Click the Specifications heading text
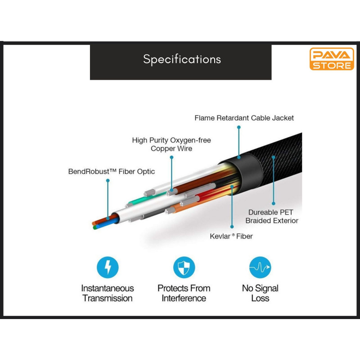point(182,59)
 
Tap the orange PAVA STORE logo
point(332,59)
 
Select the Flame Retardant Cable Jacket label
point(244,118)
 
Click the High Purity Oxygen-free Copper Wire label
point(171,144)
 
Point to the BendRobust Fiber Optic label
point(111,171)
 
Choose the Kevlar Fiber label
point(231,236)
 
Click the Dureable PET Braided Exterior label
point(272,216)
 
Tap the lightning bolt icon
point(108,267)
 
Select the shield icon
point(184,267)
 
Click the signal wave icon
point(260,267)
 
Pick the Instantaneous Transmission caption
point(108,293)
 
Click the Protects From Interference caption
point(184,293)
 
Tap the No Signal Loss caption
point(260,293)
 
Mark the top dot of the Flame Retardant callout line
point(239,127)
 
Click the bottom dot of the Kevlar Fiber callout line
point(232,227)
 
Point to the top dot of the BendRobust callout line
point(108,181)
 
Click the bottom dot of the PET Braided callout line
point(274,203)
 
